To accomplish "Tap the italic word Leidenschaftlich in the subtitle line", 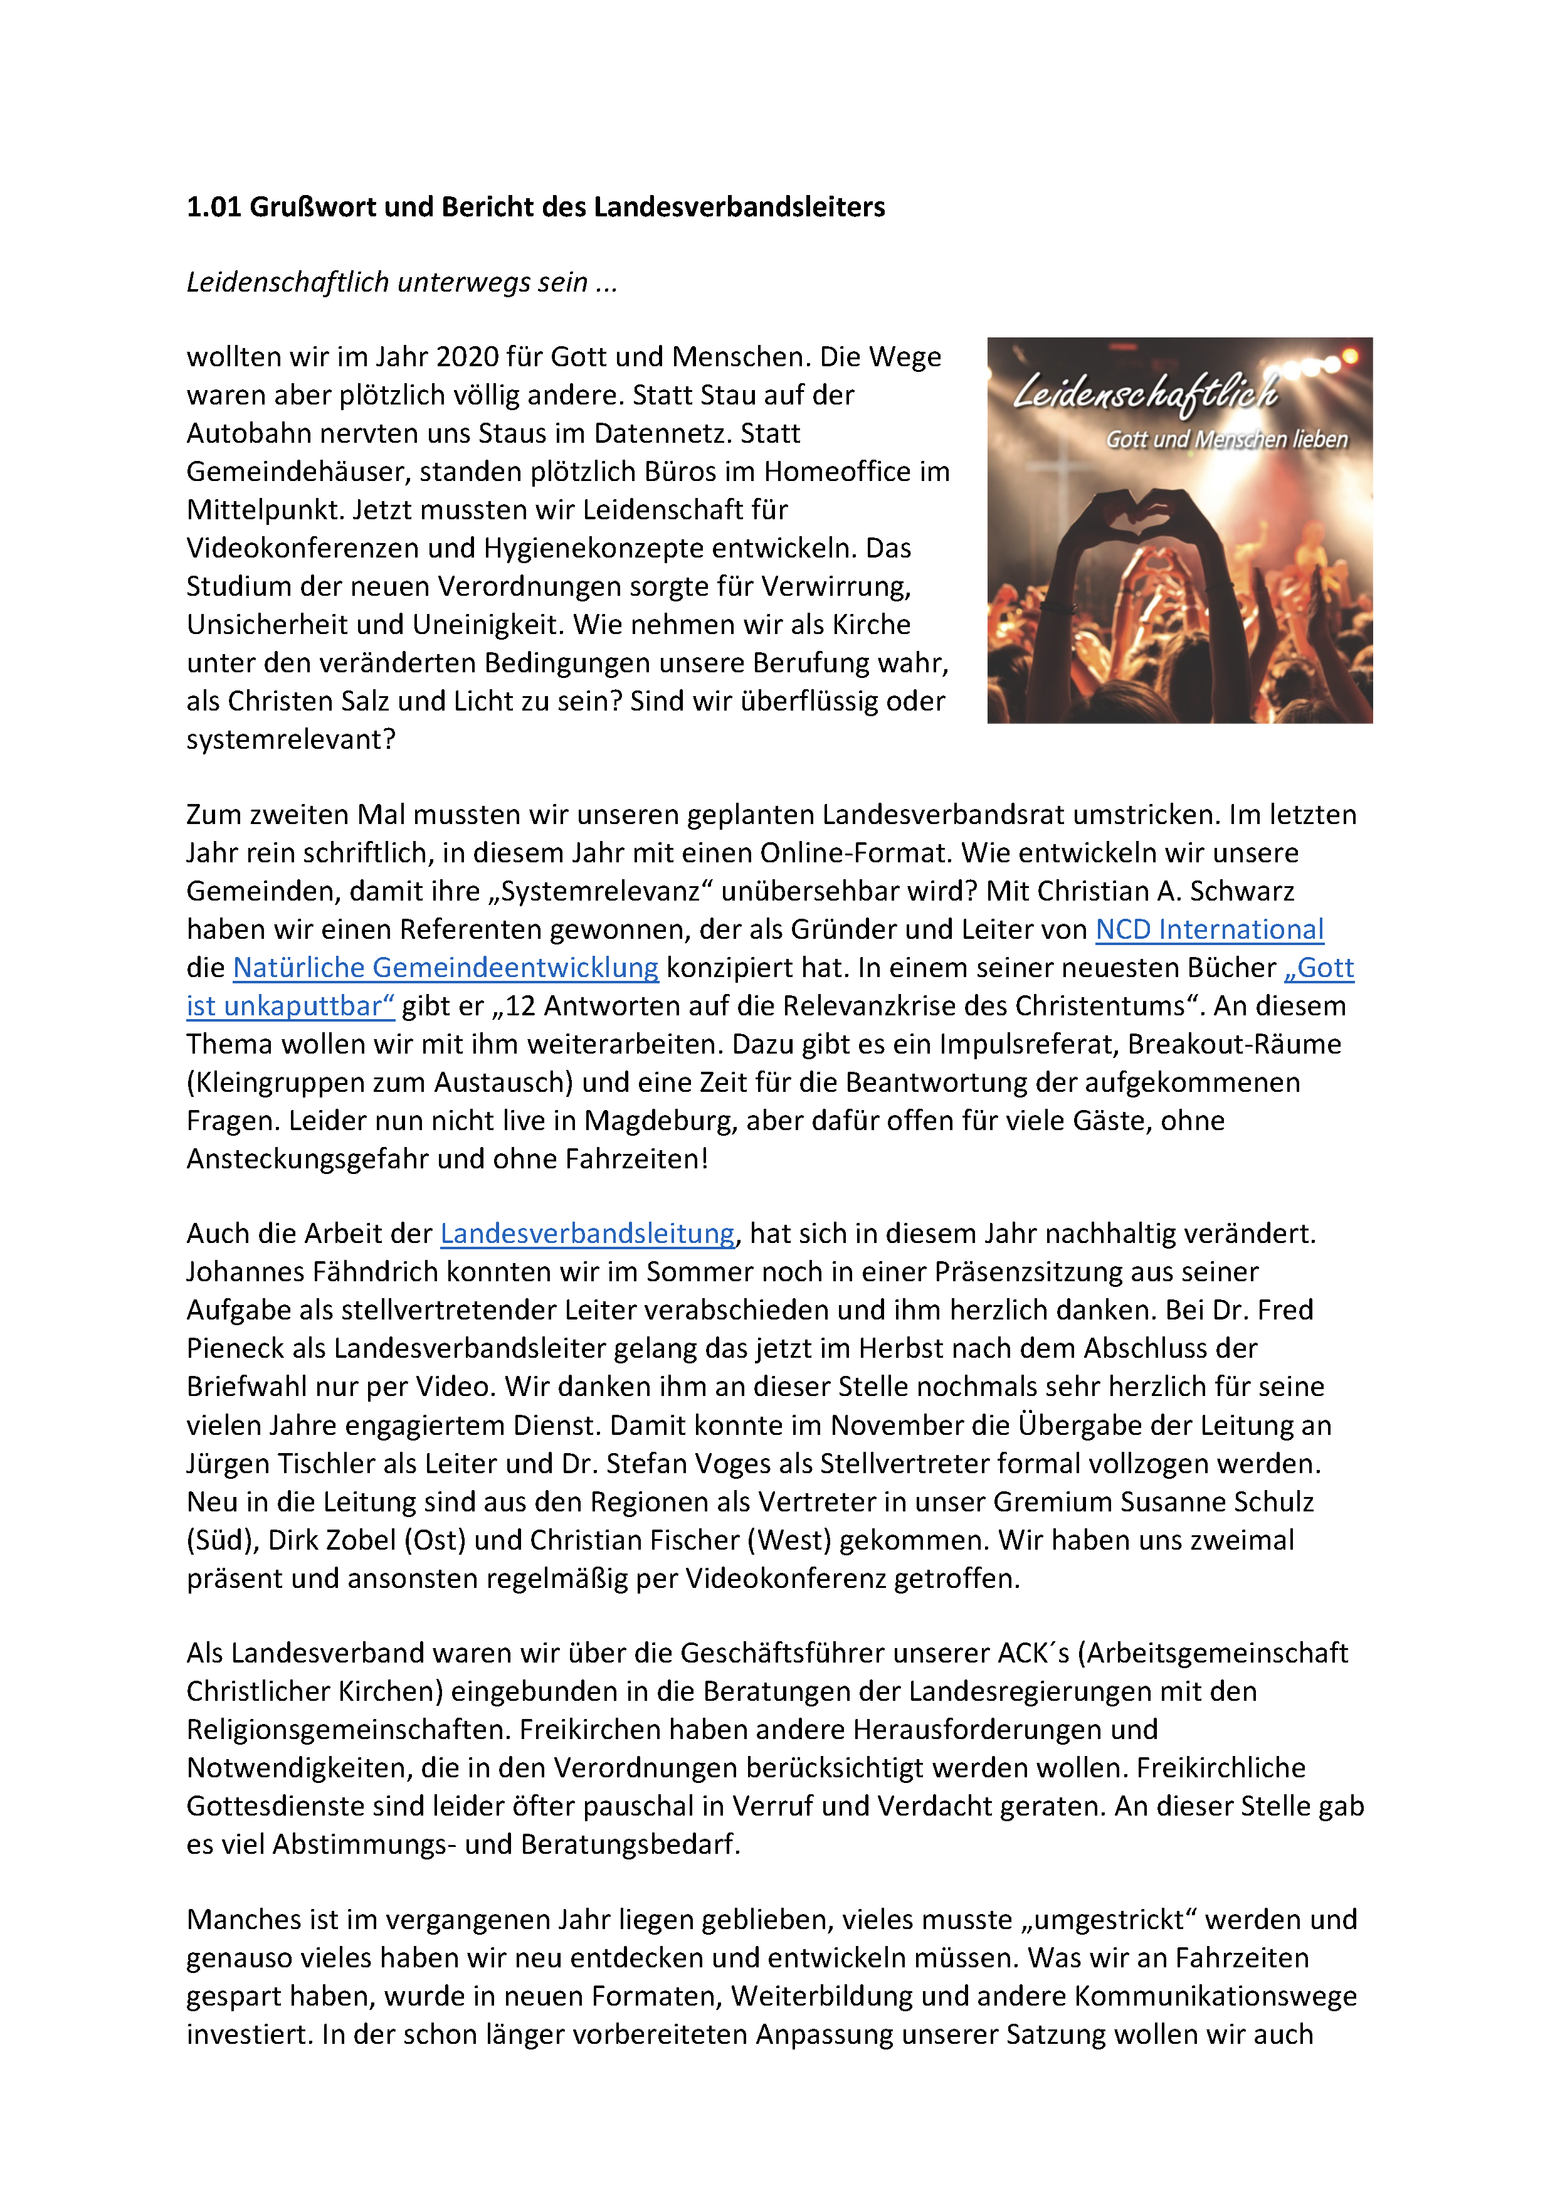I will click(x=287, y=283).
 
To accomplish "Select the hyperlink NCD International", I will click(x=1209, y=929).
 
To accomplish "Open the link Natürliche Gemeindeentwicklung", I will click(x=446, y=968).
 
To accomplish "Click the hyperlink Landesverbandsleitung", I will click(x=588, y=1233).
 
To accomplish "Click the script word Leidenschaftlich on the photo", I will click(x=1145, y=393).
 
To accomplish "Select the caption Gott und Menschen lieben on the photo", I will click(x=1226, y=440).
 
